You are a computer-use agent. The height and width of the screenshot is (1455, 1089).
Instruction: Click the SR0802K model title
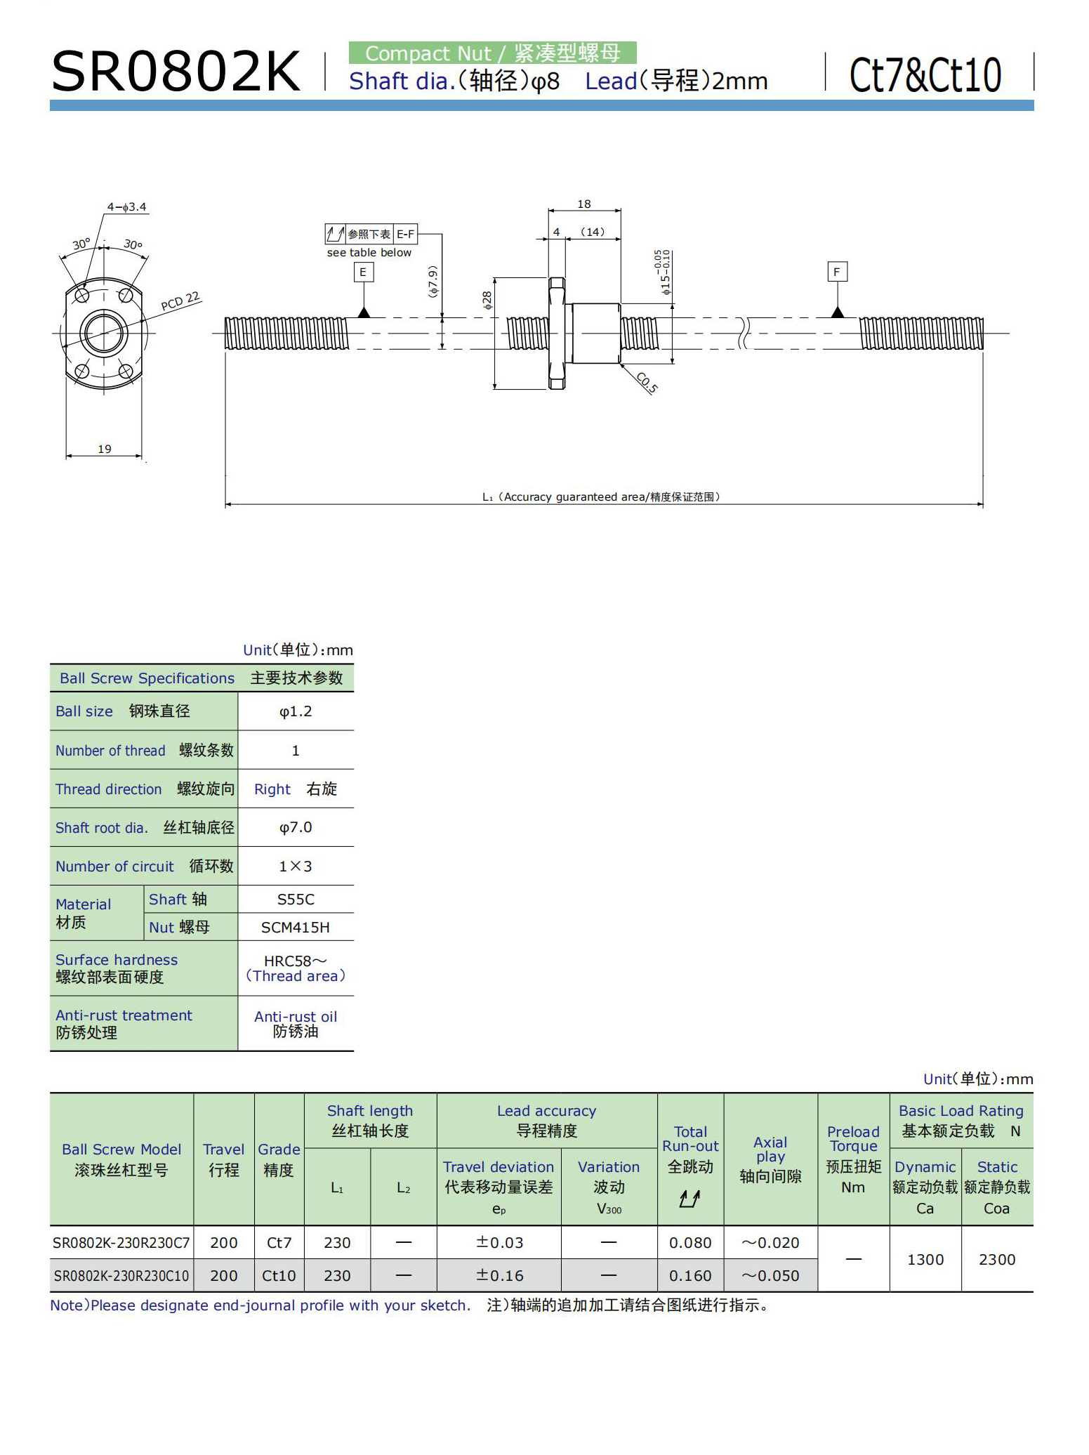176,72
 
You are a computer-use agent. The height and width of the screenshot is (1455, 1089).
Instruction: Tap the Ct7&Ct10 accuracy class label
925,75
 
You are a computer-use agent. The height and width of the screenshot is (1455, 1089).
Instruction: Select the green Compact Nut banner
492,53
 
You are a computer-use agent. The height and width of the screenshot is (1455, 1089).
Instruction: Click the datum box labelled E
363,272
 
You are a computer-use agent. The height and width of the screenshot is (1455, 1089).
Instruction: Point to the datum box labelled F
836,272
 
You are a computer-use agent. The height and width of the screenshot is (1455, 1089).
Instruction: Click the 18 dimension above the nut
583,204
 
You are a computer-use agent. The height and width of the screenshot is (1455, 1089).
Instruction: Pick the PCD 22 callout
180,301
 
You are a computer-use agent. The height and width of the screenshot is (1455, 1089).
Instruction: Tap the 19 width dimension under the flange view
105,449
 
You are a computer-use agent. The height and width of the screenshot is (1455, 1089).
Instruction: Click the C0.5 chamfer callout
647,383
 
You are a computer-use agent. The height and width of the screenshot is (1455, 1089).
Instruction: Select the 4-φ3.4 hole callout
126,207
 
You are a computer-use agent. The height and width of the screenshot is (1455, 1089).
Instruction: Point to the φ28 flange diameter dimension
487,301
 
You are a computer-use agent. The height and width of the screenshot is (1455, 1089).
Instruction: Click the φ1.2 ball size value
296,711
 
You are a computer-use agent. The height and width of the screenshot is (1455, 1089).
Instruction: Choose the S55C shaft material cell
296,900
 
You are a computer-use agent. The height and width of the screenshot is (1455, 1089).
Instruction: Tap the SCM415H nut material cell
296,928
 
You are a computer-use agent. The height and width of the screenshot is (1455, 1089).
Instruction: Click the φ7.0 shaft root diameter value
296,828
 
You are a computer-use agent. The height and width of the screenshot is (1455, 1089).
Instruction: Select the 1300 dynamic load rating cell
925,1259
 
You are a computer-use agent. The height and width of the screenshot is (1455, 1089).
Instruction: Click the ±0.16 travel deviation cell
499,1275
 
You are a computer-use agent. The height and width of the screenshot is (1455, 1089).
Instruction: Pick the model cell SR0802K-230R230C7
121,1243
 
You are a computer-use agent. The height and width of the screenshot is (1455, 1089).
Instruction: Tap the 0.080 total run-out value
690,1243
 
